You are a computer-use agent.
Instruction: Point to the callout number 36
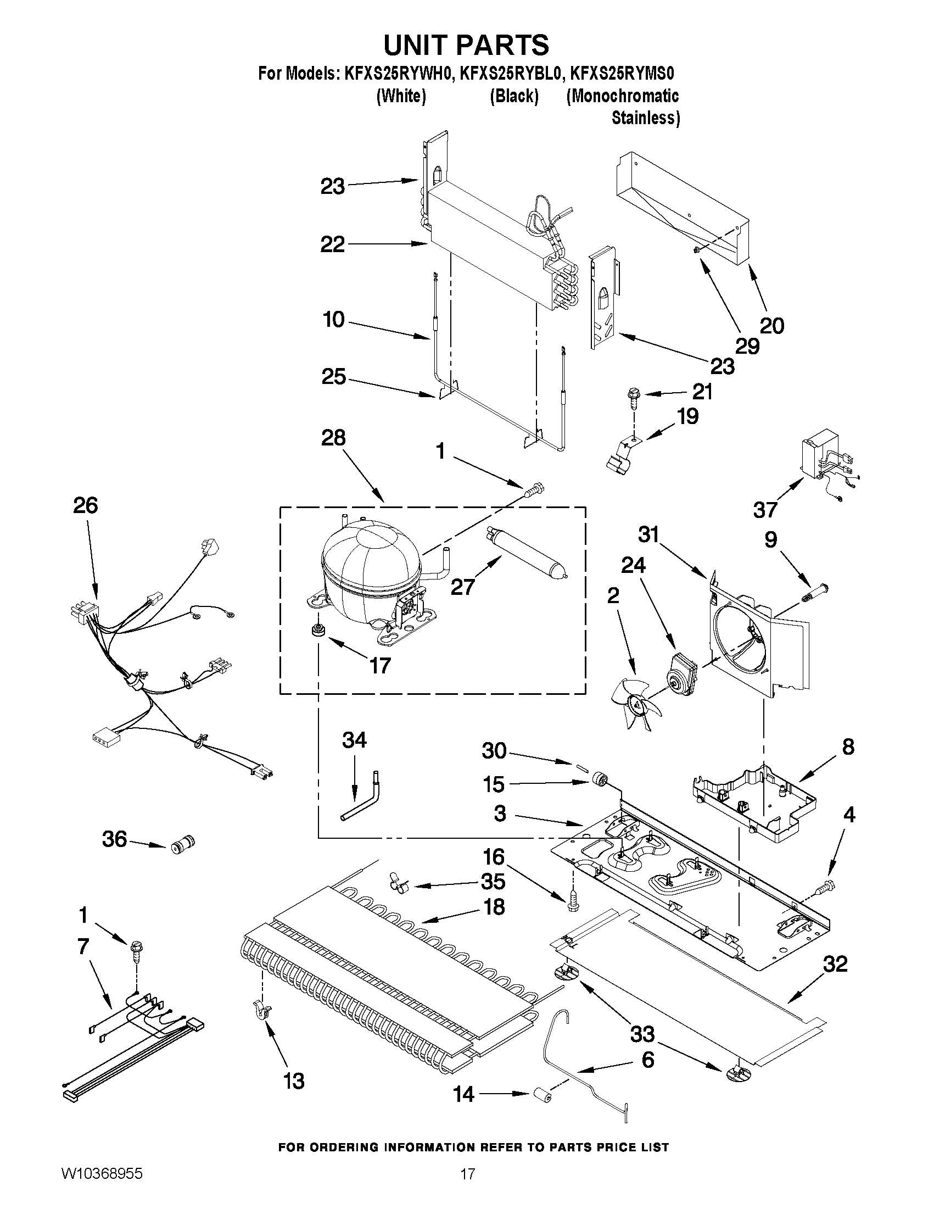[x=115, y=839]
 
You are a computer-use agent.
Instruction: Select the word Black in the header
[x=514, y=96]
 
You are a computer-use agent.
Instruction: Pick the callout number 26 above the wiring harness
[x=85, y=505]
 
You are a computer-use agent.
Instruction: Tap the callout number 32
[x=835, y=964]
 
